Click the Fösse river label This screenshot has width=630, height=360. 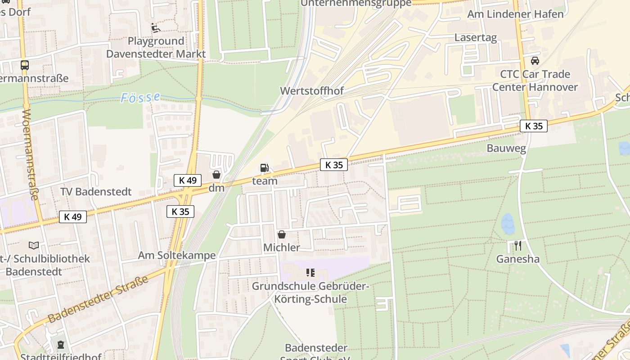(x=140, y=98)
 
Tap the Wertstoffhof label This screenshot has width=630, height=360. (x=312, y=91)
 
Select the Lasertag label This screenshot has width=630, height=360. (x=476, y=37)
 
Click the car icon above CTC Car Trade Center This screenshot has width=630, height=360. (x=535, y=61)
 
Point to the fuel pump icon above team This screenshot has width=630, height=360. (x=265, y=168)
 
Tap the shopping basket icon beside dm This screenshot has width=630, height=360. (x=216, y=175)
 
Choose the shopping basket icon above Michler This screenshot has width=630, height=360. (x=282, y=234)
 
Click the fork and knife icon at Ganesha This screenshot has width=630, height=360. (x=518, y=246)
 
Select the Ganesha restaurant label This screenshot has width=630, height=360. (x=518, y=259)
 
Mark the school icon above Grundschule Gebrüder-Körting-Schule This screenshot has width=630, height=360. (x=310, y=273)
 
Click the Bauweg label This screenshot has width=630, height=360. (x=506, y=148)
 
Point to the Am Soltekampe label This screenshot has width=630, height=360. (x=177, y=256)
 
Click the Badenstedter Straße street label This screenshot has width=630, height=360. (x=98, y=299)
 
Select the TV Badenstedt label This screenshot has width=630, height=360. (x=96, y=192)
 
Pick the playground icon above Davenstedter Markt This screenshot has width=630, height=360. (x=156, y=28)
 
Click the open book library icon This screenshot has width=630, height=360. (x=34, y=245)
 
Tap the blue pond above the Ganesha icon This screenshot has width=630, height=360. (x=508, y=224)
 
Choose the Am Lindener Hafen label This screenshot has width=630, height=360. (x=515, y=14)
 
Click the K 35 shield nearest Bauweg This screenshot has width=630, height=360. (x=534, y=126)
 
